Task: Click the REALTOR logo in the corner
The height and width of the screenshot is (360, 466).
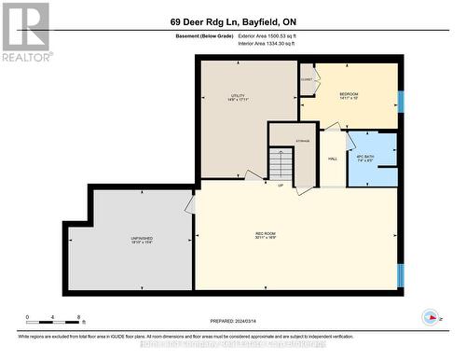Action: pos(25,30)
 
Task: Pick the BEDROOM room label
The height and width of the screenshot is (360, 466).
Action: pos(349,96)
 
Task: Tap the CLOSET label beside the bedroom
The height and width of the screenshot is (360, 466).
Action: pos(307,80)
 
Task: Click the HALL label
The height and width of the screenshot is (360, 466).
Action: pos(332,159)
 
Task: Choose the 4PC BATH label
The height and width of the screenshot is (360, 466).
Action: pos(365,158)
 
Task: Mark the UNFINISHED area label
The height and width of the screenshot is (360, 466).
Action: pos(143,240)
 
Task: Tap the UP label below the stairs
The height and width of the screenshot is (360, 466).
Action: pos(280,187)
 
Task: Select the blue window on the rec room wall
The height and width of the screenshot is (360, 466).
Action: pos(401,275)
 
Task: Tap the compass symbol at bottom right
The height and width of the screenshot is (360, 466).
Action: pos(431,316)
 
